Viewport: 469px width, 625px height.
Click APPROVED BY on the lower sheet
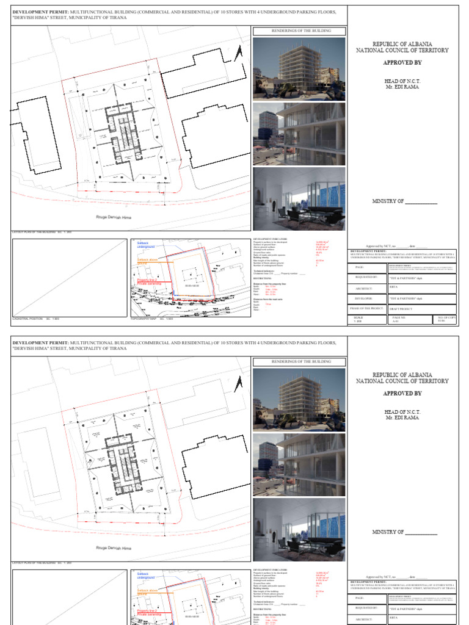tap(402, 394)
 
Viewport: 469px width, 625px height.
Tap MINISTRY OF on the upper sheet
tap(404, 201)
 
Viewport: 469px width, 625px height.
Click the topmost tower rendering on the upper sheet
tap(299, 68)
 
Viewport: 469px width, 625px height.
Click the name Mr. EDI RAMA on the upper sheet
tap(402, 86)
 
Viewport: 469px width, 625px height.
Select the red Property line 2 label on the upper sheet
tap(147, 280)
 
